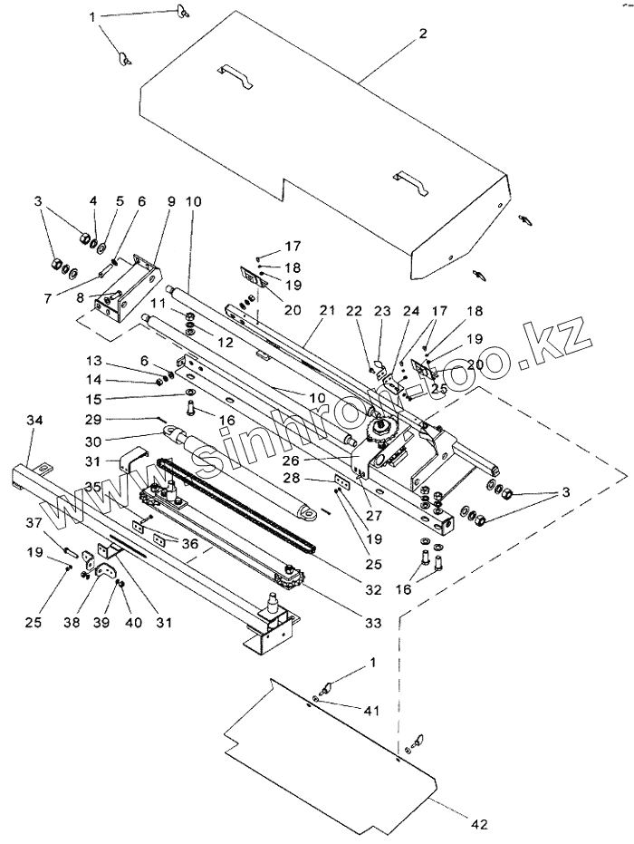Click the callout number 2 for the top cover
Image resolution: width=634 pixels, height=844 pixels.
(423, 34)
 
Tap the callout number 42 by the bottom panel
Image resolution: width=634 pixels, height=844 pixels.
(480, 823)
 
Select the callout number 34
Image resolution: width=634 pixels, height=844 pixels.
(34, 420)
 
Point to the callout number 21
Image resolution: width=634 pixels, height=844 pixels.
(327, 310)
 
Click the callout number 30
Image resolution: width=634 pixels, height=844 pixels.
(93, 441)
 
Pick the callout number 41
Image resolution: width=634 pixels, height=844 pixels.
(371, 711)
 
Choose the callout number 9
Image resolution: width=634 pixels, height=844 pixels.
(171, 201)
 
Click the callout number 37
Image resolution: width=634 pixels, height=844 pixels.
(34, 522)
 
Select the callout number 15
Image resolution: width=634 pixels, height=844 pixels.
(93, 399)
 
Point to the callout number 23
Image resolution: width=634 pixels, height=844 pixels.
(382, 311)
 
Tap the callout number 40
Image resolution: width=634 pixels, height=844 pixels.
(133, 622)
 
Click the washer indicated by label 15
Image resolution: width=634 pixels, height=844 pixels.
(190, 391)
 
